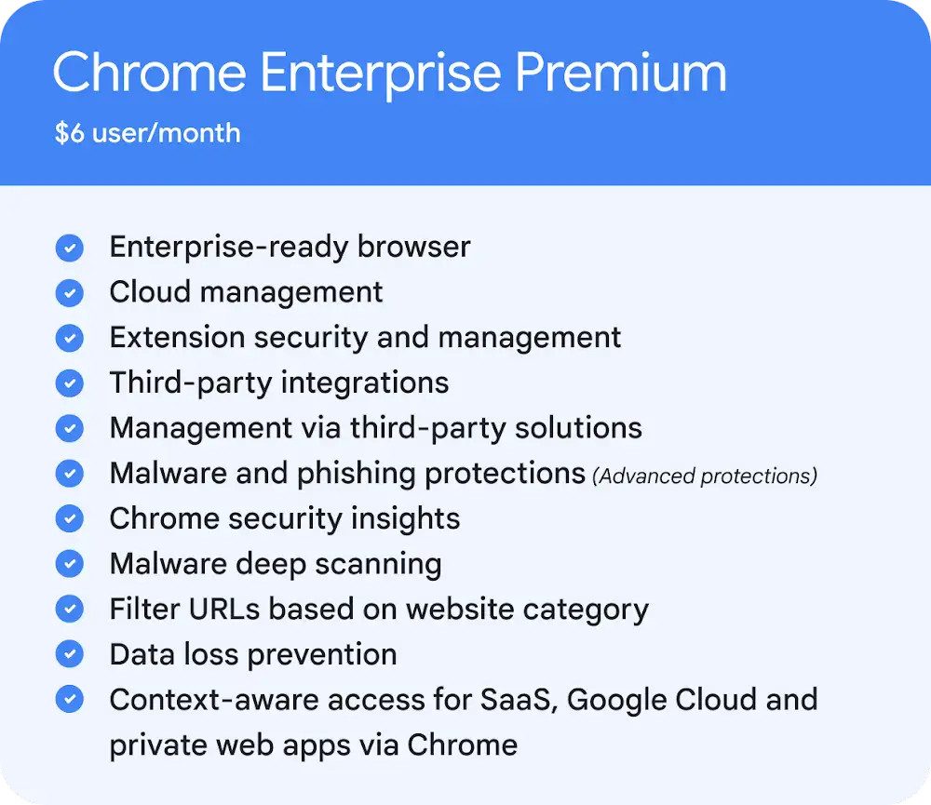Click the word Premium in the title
620,73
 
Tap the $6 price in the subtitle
70,132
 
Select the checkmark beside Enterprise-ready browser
70,248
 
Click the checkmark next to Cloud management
70,292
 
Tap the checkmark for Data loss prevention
70,653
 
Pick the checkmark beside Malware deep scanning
70,563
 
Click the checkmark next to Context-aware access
70,699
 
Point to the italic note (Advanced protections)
705,476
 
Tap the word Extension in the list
177,337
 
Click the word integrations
365,382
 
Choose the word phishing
357,474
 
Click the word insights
405,519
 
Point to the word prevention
322,655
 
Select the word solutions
578,428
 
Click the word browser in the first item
414,247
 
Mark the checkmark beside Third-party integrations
70,382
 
